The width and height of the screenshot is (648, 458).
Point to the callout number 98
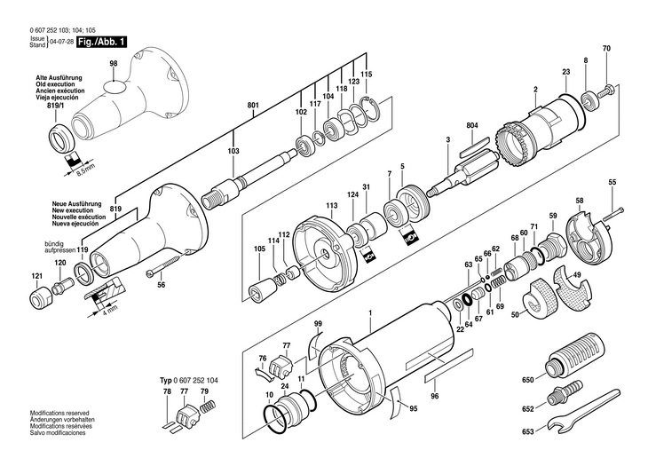click(114, 64)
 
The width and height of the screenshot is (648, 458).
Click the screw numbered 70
click(611, 88)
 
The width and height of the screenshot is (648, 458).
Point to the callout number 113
click(331, 205)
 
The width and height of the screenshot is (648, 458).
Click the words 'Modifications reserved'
click(59, 414)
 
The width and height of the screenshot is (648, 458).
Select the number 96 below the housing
click(435, 399)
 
